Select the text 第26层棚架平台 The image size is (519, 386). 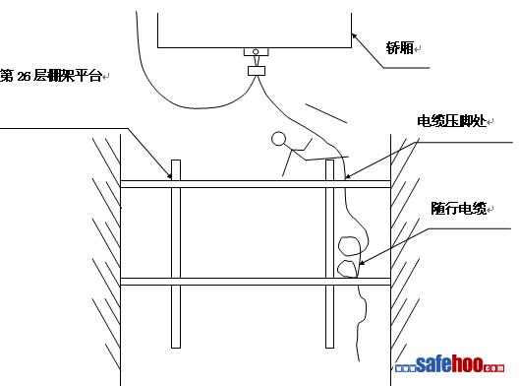[x=51, y=76]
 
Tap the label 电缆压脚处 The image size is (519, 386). [x=450, y=122]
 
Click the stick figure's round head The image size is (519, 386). [x=278, y=139]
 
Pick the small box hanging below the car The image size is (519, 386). [x=258, y=70]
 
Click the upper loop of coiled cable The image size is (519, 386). [x=349, y=246]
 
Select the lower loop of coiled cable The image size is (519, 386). [x=348, y=267]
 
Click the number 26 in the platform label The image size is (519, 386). [x=25, y=76]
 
